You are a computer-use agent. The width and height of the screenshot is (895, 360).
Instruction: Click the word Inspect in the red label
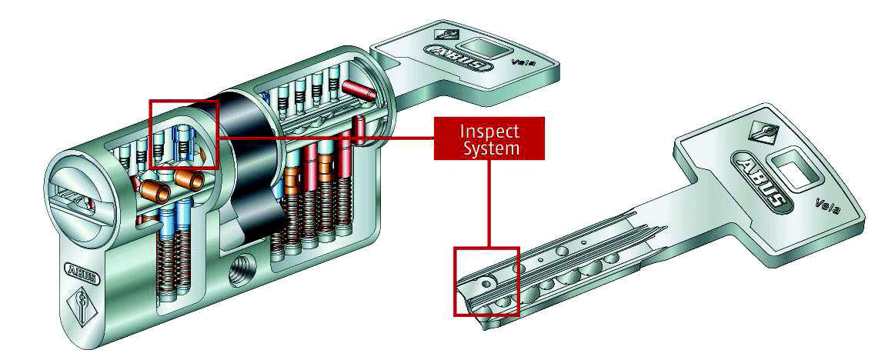click(490, 132)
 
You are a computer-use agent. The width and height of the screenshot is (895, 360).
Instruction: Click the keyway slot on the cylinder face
click(72, 193)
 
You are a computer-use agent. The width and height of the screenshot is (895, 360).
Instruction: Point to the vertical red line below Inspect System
click(489, 203)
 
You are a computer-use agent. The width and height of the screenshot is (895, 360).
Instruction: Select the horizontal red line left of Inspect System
click(326, 137)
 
